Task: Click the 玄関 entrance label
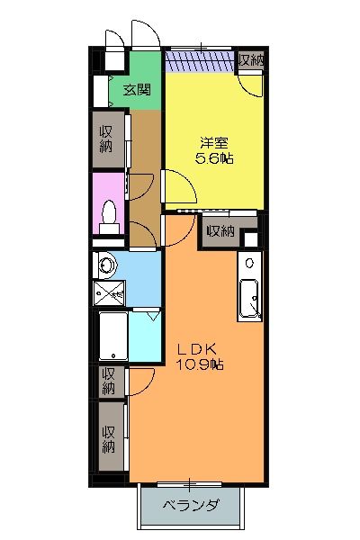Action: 136,89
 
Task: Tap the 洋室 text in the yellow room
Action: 214,142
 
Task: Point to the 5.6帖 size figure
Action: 214,158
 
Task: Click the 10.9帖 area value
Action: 199,365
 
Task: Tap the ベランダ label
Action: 191,507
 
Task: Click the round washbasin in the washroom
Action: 105,265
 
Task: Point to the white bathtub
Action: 112,337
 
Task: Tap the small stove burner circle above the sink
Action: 249,265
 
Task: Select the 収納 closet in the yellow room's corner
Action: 251,61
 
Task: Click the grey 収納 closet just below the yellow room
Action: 220,231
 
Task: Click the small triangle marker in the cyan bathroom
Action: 153,316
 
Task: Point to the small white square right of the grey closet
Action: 251,238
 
